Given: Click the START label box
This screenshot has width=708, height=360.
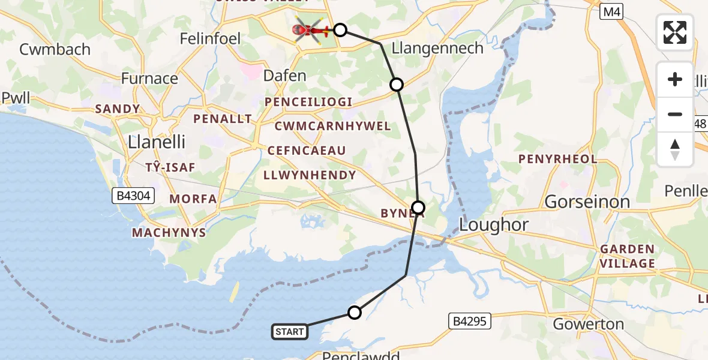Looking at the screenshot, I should [x=290, y=331].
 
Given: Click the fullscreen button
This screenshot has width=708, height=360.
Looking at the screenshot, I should [x=675, y=32].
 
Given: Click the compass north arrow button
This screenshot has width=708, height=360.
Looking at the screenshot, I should [x=675, y=149].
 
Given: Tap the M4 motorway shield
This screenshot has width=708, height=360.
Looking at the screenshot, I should [x=611, y=10].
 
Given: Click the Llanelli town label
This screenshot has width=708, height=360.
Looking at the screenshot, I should [x=157, y=142].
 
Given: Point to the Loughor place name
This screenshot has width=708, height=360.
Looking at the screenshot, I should [x=494, y=225].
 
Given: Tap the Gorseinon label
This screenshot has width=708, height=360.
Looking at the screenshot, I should [x=587, y=202].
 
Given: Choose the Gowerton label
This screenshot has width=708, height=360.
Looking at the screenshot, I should [x=588, y=324].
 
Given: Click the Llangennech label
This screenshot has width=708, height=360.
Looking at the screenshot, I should [x=437, y=48].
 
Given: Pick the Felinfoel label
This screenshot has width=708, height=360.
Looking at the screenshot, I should [x=211, y=39].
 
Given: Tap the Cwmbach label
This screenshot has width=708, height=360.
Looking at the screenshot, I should [x=55, y=49].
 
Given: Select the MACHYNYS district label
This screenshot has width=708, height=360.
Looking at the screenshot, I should [x=169, y=232].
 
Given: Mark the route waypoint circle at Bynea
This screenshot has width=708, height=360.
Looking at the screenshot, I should [x=418, y=208].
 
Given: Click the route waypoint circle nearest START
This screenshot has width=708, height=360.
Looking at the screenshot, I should [x=355, y=313].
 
